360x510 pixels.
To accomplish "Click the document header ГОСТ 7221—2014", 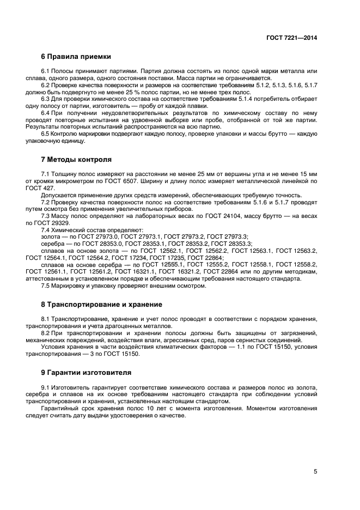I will pyautogui.click(x=291, y=38).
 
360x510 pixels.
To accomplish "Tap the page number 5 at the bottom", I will pyautogui.click(x=315, y=472).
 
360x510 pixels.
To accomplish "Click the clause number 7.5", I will pyautogui.click(x=46, y=286).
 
